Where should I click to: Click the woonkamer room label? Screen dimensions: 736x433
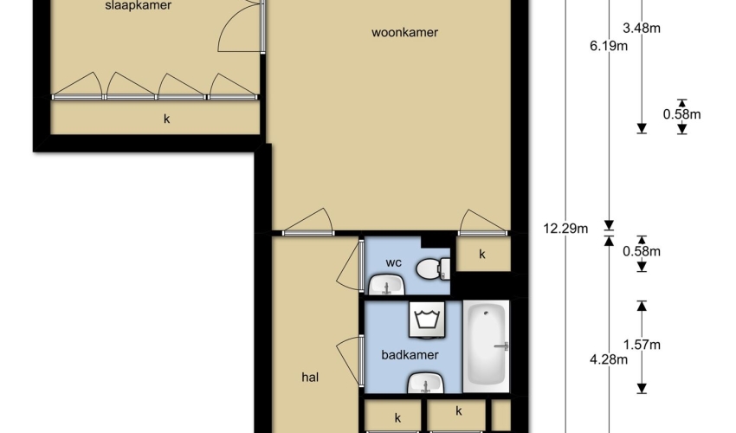pos(404,32)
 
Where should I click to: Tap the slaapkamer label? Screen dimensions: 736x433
pos(138,6)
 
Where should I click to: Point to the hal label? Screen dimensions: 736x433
pos(310,377)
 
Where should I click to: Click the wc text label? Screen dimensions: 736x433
pos(393,263)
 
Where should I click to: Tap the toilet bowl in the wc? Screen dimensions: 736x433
pos(433,268)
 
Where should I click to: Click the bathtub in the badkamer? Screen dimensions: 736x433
pos(487,346)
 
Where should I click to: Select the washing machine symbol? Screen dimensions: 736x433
pos(427,320)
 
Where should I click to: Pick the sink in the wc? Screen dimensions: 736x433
pos(386,285)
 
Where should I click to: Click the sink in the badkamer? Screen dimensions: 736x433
pos(426,383)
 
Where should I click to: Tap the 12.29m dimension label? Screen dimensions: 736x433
pos(565,229)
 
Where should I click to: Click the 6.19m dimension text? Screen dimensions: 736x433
pos(609,46)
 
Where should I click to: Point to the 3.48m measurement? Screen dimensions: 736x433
pos(642,29)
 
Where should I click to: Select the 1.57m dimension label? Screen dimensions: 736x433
pos(642,345)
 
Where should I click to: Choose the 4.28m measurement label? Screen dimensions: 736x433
pos(609,359)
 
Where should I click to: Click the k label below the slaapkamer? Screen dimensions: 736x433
pos(166,120)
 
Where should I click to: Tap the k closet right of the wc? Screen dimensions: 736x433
pos(482,254)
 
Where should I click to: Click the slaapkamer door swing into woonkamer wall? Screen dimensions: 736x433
pos(239,27)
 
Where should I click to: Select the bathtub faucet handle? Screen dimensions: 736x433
pos(501,346)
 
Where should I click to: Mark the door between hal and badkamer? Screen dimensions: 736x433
pos(350,360)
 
